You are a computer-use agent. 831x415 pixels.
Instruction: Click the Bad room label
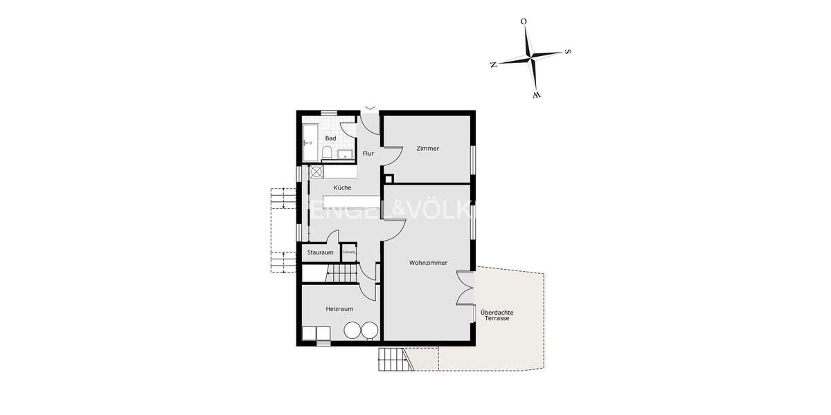pos(330,138)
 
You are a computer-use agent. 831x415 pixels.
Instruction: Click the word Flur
pos(368,153)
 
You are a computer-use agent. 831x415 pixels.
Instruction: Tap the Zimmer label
pos(427,148)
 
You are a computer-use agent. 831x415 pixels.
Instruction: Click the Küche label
pos(342,187)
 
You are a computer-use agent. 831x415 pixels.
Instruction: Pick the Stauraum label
pos(320,252)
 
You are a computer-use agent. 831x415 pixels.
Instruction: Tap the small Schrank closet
pos(348,252)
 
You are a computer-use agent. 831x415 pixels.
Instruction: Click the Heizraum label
pos(339,308)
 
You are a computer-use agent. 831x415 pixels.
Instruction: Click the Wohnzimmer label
pos(428,263)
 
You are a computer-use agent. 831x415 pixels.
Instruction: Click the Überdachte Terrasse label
pos(497,315)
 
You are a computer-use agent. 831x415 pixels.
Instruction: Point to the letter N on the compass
pos(493,64)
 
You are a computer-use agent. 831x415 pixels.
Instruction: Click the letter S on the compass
pos(568,50)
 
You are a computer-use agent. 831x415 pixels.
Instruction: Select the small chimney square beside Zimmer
pos(389,177)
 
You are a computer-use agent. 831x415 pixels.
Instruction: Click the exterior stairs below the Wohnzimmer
pos(393,360)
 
